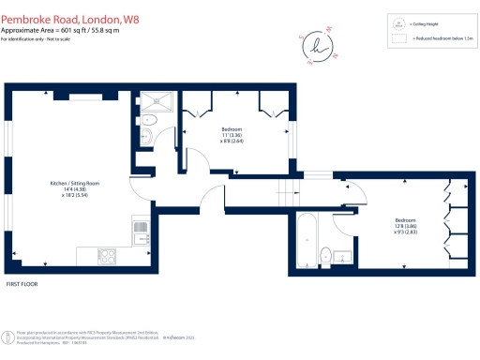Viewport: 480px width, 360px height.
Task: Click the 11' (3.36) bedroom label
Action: click(x=234, y=132)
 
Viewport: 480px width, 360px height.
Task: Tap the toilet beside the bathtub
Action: click(x=324, y=254)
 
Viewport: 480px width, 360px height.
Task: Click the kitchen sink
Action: click(x=140, y=230)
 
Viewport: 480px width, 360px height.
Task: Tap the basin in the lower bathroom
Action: click(x=344, y=255)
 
